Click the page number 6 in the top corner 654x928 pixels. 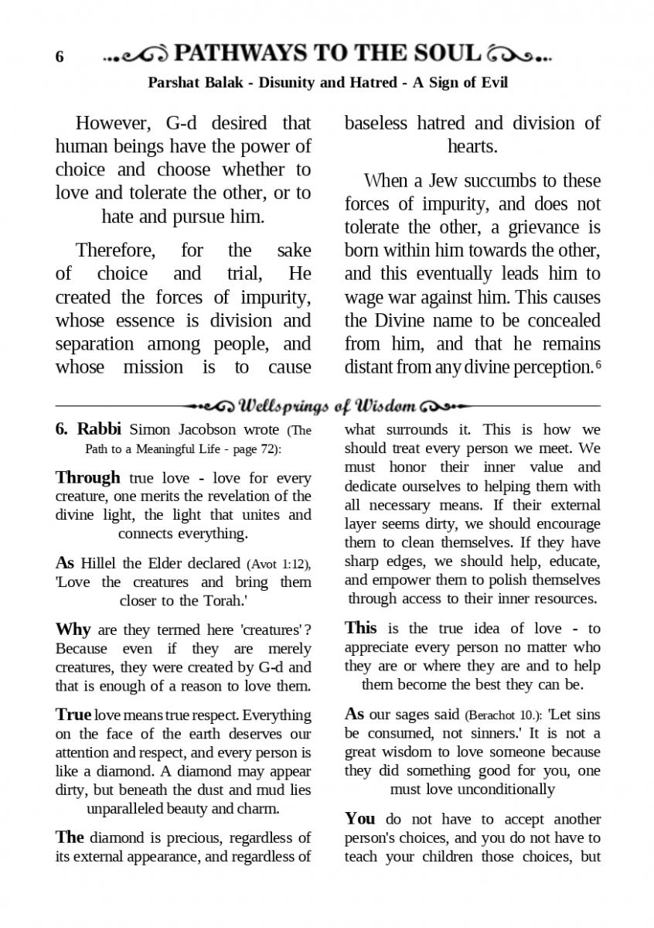pos(60,57)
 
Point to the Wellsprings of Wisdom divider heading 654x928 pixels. pos(329,405)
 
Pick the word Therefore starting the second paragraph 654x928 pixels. pos(116,251)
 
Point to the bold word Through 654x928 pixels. pos(87,477)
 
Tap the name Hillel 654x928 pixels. pos(98,563)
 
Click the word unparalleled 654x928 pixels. pos(128,809)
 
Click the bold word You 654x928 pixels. pos(359,818)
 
